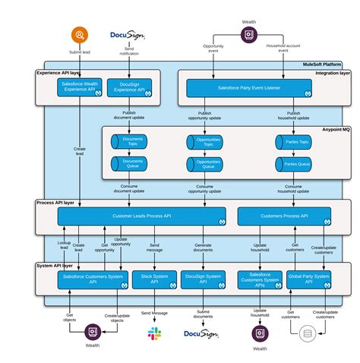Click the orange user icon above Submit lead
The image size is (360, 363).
click(x=81, y=35)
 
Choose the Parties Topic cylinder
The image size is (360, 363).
click(x=292, y=141)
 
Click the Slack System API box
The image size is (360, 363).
click(x=154, y=279)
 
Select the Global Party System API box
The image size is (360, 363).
click(x=308, y=279)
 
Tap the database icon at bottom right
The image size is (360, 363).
click(x=307, y=333)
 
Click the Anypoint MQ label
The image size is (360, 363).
click(x=334, y=129)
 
